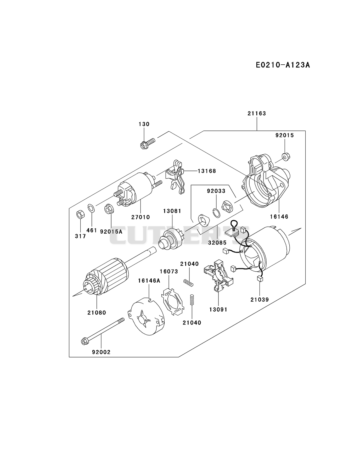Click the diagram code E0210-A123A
pyautogui.click(x=283, y=65)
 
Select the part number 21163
pyautogui.click(x=257, y=114)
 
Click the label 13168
pyautogui.click(x=207, y=171)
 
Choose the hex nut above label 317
pyautogui.click(x=80, y=215)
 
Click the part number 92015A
pyautogui.click(x=111, y=232)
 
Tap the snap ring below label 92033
pyautogui.click(x=216, y=212)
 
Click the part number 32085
pyautogui.click(x=217, y=243)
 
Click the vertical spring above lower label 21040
pyautogui.click(x=192, y=300)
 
